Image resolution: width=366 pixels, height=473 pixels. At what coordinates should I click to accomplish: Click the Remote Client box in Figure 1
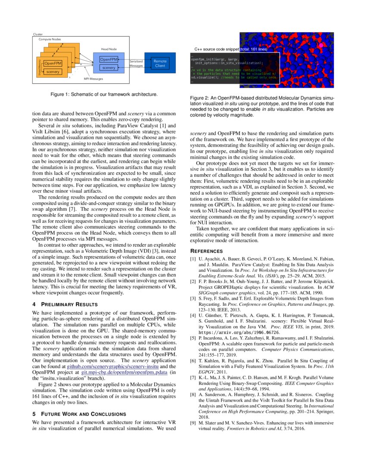click(x=160, y=63)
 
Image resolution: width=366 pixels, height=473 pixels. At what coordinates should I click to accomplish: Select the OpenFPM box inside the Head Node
click(x=109, y=59)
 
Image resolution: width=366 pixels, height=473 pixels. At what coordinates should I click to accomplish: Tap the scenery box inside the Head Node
click(x=109, y=68)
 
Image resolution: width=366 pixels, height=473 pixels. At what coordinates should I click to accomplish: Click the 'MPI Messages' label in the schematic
click(x=93, y=79)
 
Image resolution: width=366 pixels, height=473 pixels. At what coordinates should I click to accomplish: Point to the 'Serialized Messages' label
click(x=136, y=63)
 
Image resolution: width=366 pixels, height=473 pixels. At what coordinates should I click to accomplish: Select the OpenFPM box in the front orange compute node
click(x=53, y=64)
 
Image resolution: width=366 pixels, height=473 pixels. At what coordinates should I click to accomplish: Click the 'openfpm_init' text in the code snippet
click(x=201, y=59)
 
